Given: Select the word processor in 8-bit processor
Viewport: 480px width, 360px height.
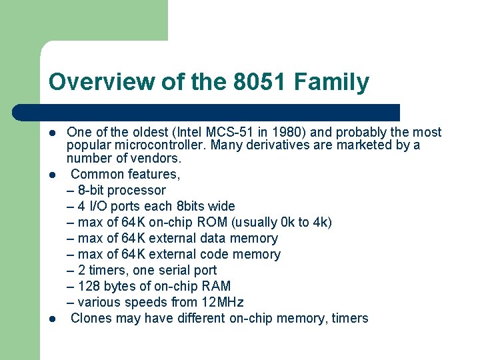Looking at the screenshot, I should [x=137, y=190].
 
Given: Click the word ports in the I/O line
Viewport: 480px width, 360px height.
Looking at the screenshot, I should [x=129, y=206].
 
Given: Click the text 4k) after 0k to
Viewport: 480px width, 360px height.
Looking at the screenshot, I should [x=321, y=222].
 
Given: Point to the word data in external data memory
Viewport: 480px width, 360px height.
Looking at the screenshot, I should [x=213, y=238].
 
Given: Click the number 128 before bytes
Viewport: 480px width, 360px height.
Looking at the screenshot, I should [x=89, y=286].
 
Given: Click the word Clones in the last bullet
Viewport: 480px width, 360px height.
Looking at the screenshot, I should [x=91, y=318].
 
